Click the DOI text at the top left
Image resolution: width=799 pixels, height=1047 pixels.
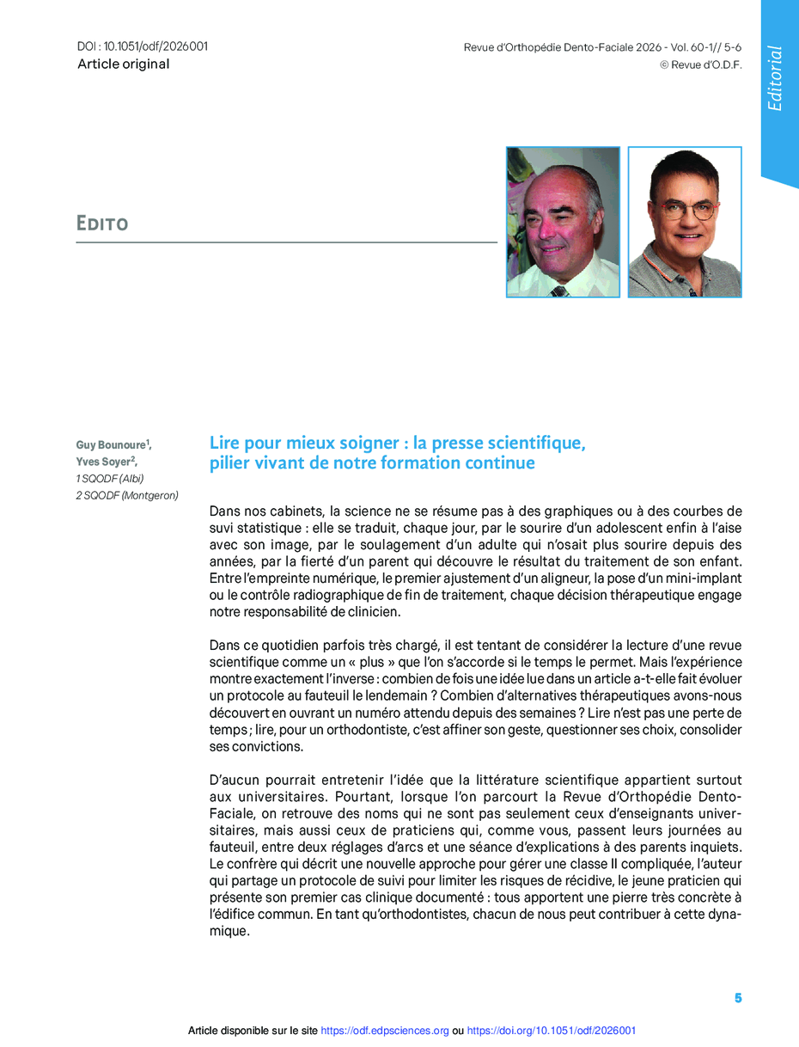pyautogui.click(x=143, y=46)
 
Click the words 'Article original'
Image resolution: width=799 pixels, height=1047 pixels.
pyautogui.click(x=124, y=64)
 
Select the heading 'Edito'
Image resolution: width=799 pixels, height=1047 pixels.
pyautogui.click(x=102, y=224)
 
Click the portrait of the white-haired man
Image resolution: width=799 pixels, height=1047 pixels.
pyautogui.click(x=563, y=222)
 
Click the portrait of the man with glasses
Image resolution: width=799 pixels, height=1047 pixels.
pyautogui.click(x=685, y=222)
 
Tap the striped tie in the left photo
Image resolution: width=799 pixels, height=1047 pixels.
pyautogui.click(x=559, y=291)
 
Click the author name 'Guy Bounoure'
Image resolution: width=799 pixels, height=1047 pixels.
pyautogui.click(x=111, y=444)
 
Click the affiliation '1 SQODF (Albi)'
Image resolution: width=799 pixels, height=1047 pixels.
pyautogui.click(x=110, y=478)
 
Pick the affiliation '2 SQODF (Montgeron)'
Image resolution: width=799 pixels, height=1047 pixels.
pyautogui.click(x=127, y=495)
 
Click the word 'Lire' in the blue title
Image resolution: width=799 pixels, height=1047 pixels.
pyautogui.click(x=225, y=444)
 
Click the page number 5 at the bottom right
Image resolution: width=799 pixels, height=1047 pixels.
pyautogui.click(x=737, y=998)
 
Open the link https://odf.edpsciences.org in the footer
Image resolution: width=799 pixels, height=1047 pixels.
pyautogui.click(x=385, y=1031)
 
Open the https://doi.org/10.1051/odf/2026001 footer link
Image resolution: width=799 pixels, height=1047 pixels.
pyautogui.click(x=552, y=1031)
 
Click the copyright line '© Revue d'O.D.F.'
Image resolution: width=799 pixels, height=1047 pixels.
pyautogui.click(x=700, y=64)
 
